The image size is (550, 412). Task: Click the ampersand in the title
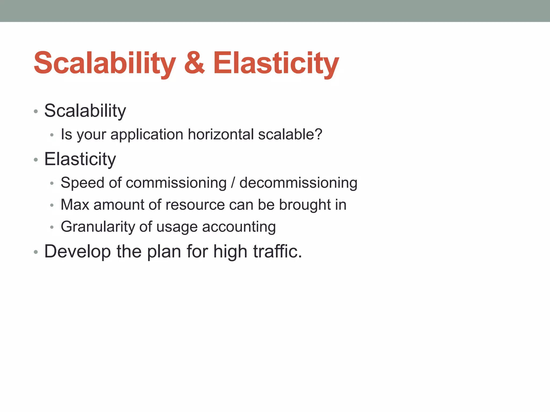(194, 63)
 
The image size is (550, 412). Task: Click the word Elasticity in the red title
(276, 63)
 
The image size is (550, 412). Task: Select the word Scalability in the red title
(105, 63)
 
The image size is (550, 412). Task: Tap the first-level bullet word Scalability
(85, 111)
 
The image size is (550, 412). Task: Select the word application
(147, 135)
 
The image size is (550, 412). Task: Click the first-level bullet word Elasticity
(80, 159)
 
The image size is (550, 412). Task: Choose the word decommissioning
(298, 183)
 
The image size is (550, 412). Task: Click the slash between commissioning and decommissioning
(233, 183)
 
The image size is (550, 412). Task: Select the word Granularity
(97, 227)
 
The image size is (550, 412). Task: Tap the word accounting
(239, 227)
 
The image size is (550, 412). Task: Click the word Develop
(77, 252)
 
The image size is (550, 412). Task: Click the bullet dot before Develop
(36, 252)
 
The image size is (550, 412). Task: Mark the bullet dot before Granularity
(52, 227)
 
